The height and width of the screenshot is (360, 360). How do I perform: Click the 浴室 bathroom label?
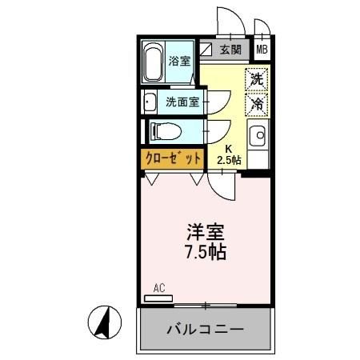click(180, 61)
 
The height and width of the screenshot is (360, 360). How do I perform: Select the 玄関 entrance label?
click(230, 49)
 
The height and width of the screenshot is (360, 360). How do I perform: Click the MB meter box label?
click(262, 50)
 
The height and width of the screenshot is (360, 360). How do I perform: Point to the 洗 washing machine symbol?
click(256, 78)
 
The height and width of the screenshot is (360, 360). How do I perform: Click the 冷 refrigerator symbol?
click(256, 103)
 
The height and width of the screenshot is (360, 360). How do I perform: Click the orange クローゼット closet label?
click(172, 158)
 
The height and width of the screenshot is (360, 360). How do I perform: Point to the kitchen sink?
click(257, 137)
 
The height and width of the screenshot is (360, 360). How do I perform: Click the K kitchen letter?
click(228, 149)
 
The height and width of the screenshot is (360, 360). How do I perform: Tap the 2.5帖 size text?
click(230, 160)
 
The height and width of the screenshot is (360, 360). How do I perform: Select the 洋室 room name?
click(206, 232)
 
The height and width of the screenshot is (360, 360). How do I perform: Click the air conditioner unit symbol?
click(158, 298)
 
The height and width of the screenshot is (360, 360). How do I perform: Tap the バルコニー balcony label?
click(205, 329)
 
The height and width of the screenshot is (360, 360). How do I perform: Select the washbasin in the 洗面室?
click(150, 102)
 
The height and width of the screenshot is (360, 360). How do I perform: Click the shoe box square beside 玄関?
click(206, 49)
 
